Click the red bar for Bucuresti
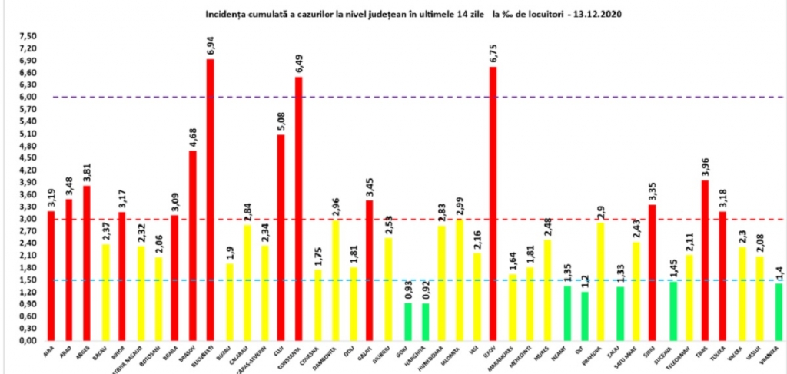[x=211, y=200]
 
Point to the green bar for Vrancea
[x=778, y=312]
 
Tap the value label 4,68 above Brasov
[x=193, y=137]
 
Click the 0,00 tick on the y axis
[x=28, y=340]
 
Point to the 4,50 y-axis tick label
[x=28, y=158]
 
